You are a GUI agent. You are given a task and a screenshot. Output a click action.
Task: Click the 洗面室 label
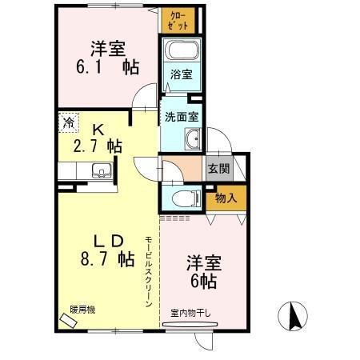tap(182, 116)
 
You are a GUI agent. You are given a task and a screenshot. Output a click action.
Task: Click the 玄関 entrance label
tap(218, 169)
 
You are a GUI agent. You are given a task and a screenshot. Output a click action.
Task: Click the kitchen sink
tap(101, 170)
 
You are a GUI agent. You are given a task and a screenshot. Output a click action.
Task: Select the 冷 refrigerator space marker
tap(69, 124)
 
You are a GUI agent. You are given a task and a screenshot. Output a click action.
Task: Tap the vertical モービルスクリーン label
tap(149, 272)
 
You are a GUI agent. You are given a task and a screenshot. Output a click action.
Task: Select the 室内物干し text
tap(191, 312)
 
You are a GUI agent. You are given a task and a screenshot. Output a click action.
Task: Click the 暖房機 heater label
tap(82, 308)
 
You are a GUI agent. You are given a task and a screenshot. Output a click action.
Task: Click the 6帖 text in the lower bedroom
tap(203, 281)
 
